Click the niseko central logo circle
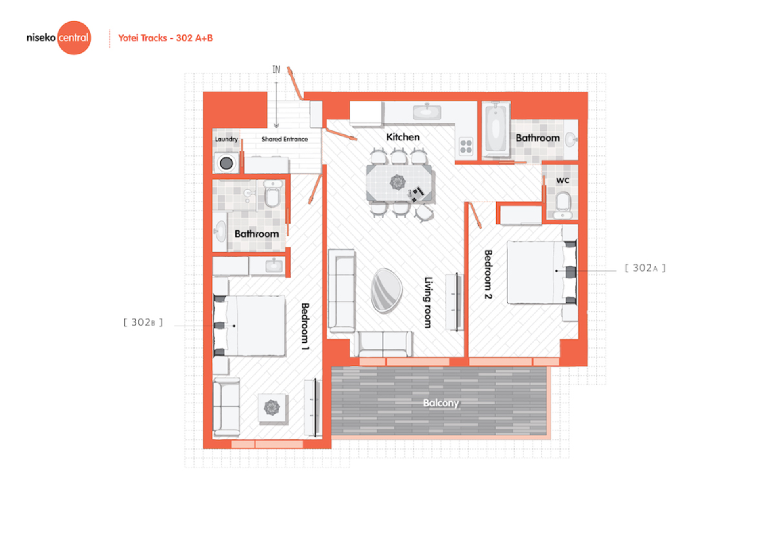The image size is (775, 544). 74,38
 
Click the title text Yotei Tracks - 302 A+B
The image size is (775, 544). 165,38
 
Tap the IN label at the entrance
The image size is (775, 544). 276,70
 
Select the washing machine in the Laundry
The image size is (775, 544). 226,163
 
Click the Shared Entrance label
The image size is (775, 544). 285,139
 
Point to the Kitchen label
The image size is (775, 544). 403,137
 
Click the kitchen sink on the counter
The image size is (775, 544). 427,111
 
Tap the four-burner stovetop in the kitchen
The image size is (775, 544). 466,146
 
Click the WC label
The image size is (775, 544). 563,180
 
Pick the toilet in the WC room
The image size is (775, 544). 563,205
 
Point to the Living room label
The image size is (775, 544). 428,303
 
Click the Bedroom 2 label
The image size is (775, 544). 488,274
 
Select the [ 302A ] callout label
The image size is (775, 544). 645,268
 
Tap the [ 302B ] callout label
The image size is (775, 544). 143,322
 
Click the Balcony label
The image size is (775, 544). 441,403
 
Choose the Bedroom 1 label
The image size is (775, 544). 305,326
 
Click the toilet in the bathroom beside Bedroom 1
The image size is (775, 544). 272,194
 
